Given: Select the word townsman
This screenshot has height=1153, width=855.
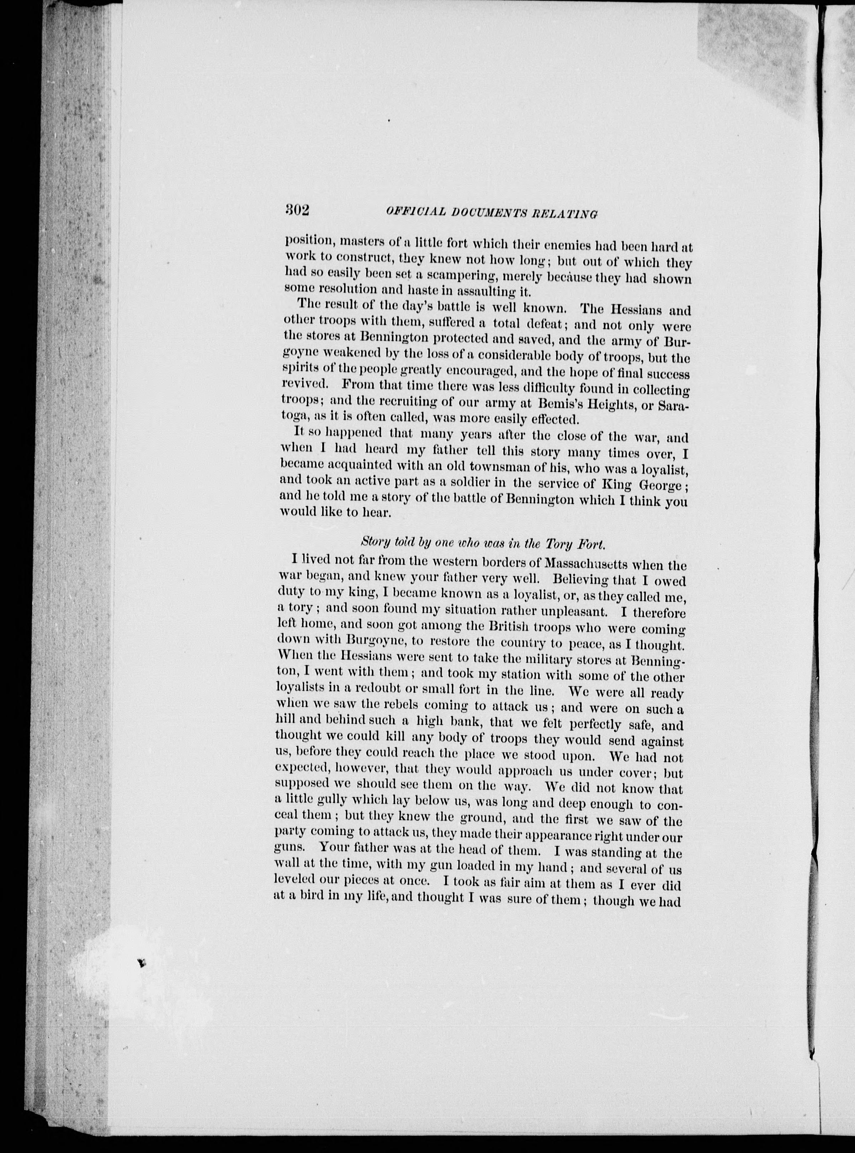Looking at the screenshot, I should (499, 469).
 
